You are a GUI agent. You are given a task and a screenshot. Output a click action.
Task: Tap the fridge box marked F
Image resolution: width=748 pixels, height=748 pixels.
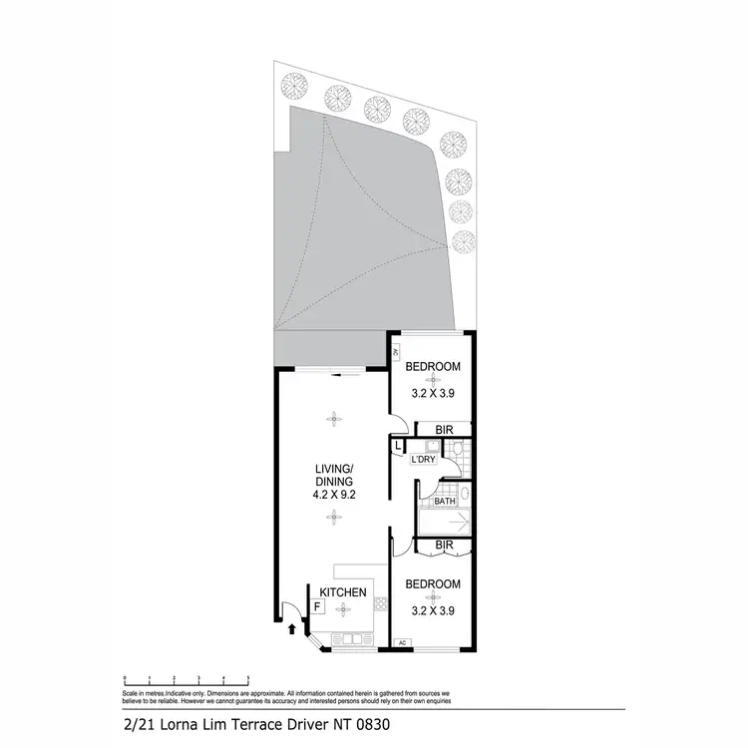tap(317, 605)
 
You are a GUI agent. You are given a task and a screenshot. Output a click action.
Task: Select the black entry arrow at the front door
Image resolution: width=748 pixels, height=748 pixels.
tap(291, 628)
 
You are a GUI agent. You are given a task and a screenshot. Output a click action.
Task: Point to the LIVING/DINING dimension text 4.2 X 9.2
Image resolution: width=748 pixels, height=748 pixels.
tap(336, 491)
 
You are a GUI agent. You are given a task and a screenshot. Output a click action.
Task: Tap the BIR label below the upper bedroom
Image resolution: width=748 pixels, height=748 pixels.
tap(446, 430)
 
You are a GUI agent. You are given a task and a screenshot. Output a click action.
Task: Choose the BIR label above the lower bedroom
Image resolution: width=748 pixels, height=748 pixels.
tap(445, 547)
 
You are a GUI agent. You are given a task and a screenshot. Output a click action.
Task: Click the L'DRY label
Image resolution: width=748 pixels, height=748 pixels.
tap(424, 460)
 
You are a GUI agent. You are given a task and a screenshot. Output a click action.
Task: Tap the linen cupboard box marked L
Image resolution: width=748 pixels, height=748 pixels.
tap(398, 447)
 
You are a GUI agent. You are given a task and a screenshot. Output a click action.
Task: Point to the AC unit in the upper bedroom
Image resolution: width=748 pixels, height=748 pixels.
tap(396, 352)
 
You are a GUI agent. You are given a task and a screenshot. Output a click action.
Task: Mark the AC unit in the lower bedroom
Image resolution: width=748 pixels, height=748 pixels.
tap(402, 643)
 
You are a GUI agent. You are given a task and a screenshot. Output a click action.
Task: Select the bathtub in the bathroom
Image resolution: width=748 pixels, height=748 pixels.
tap(440, 522)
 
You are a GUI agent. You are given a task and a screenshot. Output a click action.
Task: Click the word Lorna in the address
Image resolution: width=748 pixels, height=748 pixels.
tap(171, 725)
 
